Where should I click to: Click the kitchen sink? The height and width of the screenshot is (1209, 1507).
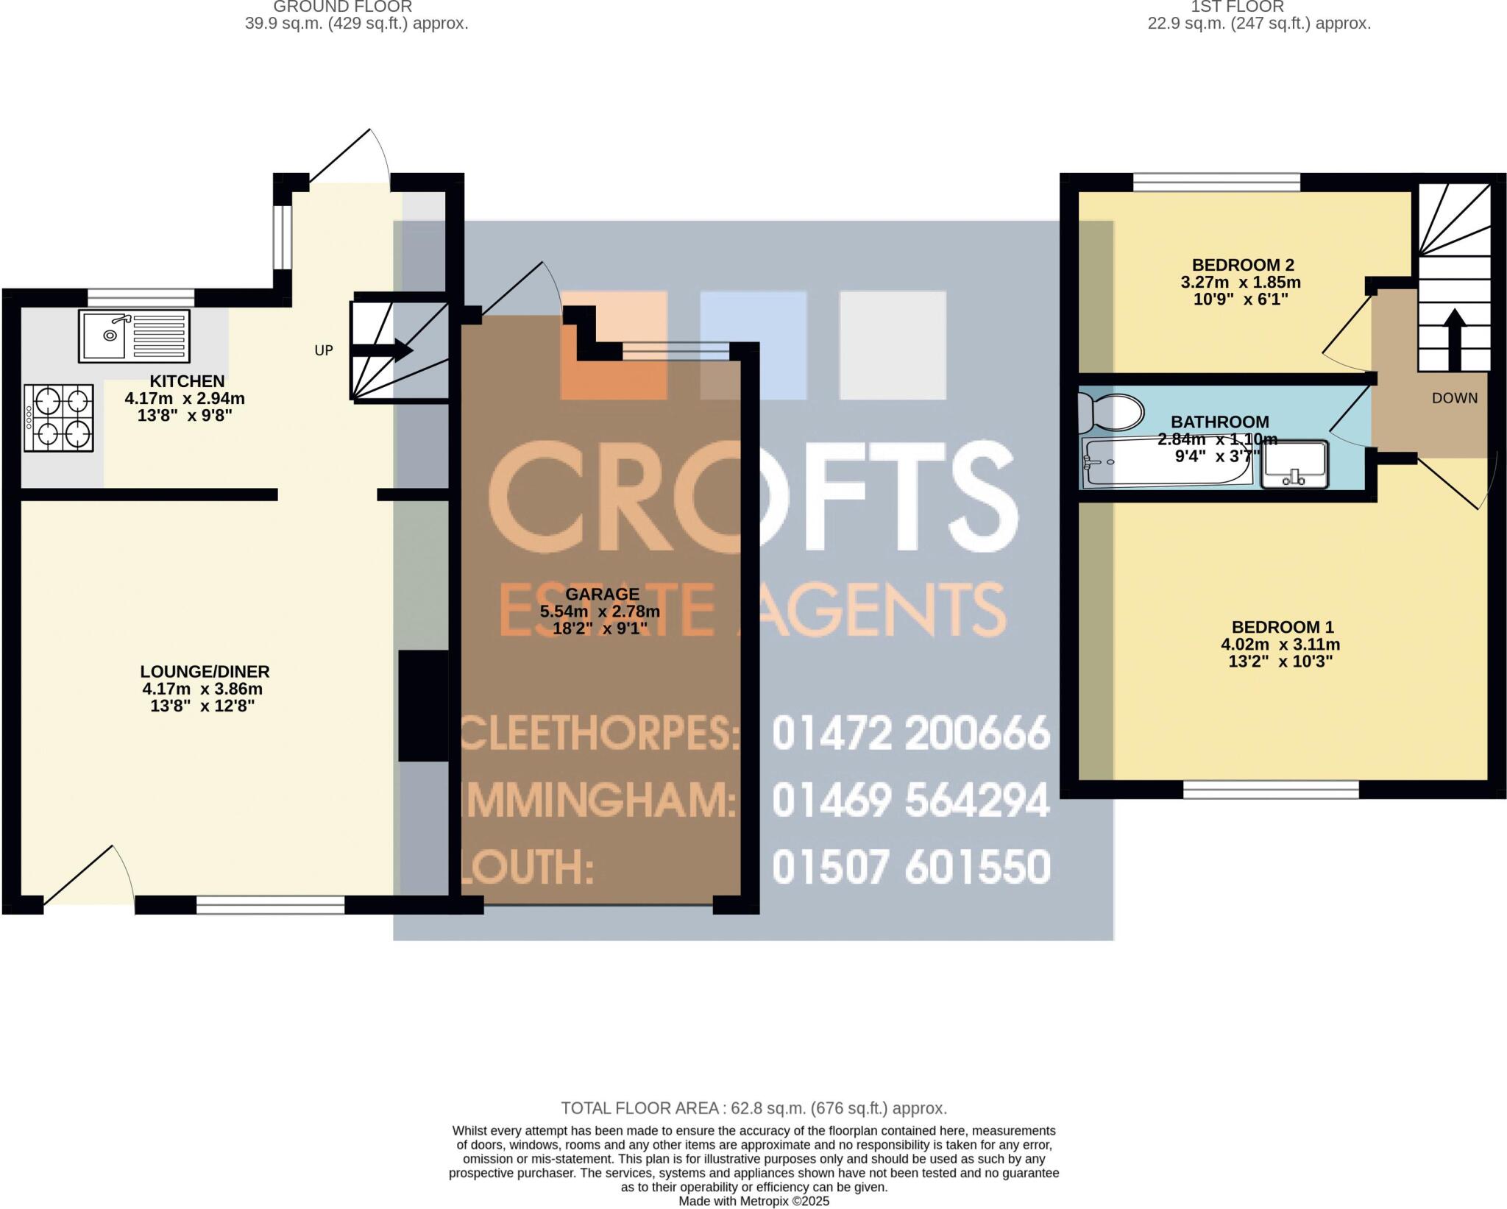134,336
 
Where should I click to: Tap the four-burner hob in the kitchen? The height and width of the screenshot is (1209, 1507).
60,418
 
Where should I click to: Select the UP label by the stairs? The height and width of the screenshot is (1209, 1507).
324,351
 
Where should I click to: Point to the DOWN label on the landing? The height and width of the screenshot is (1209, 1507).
1454,398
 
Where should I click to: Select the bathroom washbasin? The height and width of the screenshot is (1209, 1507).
1294,464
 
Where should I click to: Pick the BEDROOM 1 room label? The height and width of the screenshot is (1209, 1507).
1282,627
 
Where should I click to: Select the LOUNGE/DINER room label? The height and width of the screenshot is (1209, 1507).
205,672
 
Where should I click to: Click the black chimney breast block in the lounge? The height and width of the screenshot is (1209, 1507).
423,705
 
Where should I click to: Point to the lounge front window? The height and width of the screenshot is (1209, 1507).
270,905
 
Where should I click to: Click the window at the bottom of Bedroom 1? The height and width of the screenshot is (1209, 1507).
1270,790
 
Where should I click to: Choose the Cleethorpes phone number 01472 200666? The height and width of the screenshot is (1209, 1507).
910,734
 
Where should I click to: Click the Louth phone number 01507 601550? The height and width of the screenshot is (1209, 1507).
910,867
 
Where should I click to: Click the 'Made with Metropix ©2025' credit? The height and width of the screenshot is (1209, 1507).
753,1201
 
